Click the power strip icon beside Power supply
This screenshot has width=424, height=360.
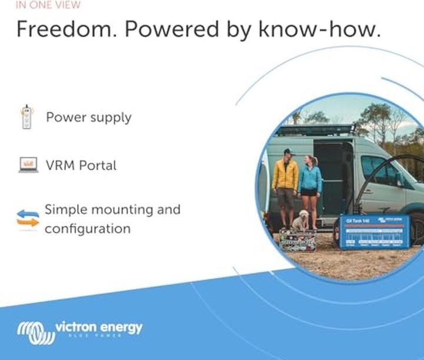26,117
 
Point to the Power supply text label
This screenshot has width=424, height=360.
88,117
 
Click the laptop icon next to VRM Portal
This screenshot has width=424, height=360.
28,165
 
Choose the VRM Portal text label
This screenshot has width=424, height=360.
81,166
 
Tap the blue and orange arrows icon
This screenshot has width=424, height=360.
28,218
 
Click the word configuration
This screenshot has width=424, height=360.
88,228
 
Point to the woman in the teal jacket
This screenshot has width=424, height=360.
310,186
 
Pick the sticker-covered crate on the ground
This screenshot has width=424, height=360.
297,240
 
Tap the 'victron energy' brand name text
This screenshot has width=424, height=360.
98,327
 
